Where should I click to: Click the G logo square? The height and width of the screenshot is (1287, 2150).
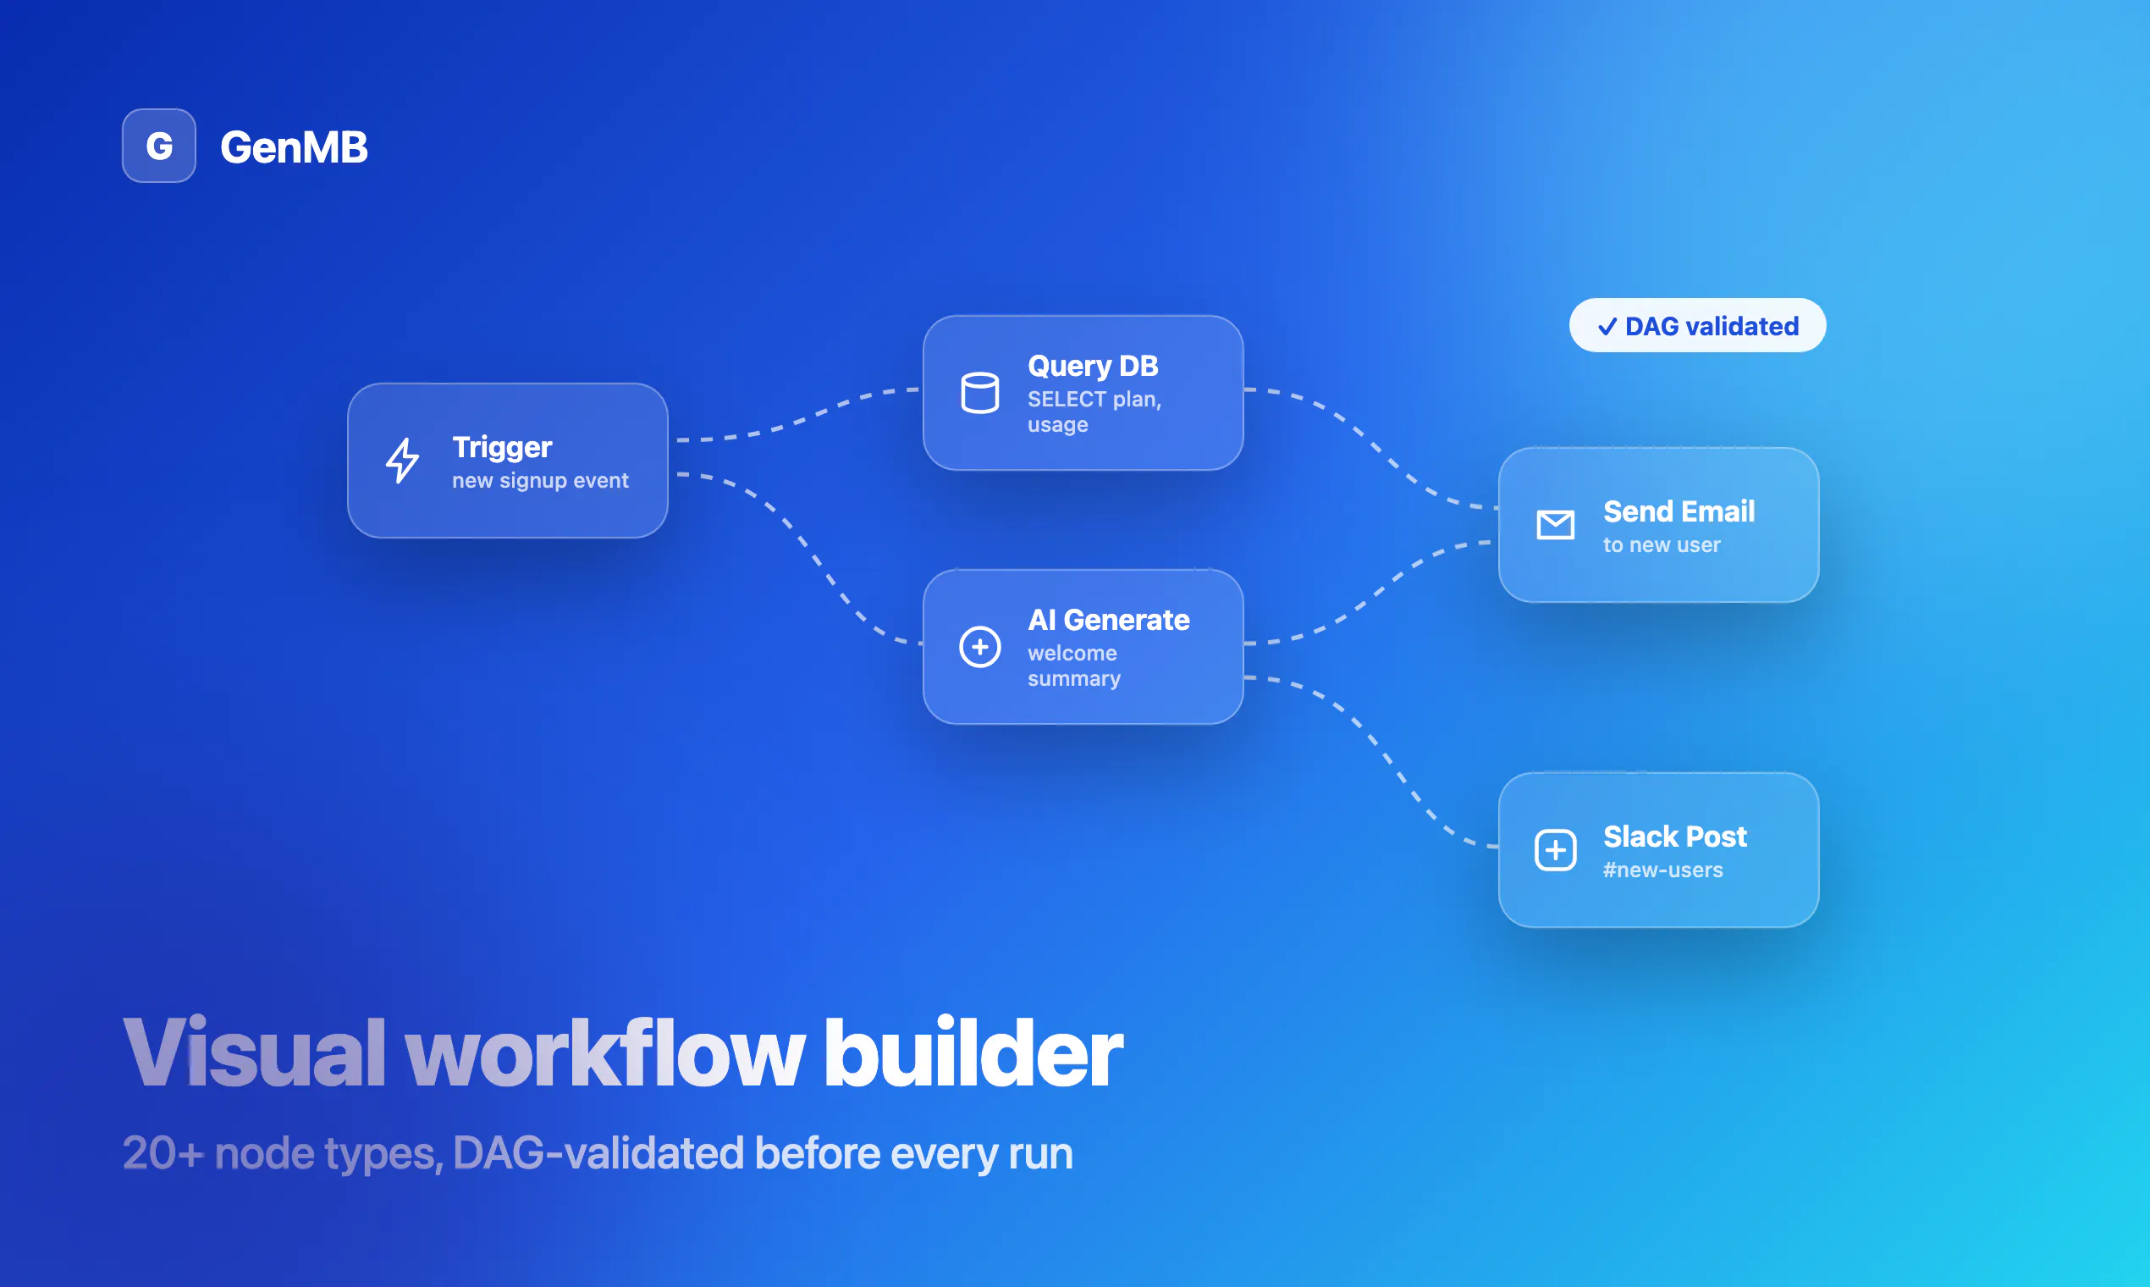pyautogui.click(x=158, y=146)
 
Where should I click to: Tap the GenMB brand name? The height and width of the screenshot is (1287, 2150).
pyautogui.click(x=294, y=146)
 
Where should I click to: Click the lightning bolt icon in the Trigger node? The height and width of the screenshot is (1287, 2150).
pyautogui.click(x=402, y=461)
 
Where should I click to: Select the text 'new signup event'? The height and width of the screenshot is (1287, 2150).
pyautogui.click(x=540, y=480)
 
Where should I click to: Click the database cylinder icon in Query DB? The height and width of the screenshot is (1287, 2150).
pyautogui.click(x=979, y=393)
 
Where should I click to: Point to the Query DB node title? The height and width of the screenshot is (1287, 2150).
pyautogui.click(x=1092, y=366)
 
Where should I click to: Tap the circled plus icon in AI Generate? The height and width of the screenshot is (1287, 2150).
pyautogui.click(x=979, y=647)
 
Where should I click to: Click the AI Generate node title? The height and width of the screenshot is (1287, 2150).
pyautogui.click(x=1108, y=620)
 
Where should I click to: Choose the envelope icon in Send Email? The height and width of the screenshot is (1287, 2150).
pyautogui.click(x=1555, y=525)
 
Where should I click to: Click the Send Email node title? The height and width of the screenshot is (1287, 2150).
pyautogui.click(x=1679, y=511)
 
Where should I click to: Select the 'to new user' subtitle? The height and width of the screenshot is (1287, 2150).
pyautogui.click(x=1661, y=544)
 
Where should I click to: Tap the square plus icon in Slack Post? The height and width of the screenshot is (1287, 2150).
pyautogui.click(x=1555, y=850)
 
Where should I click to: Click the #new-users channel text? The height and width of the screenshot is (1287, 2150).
pyautogui.click(x=1662, y=870)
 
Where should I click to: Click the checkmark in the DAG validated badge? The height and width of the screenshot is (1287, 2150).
pyautogui.click(x=1607, y=326)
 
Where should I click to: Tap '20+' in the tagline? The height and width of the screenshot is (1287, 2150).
pyautogui.click(x=163, y=1153)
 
